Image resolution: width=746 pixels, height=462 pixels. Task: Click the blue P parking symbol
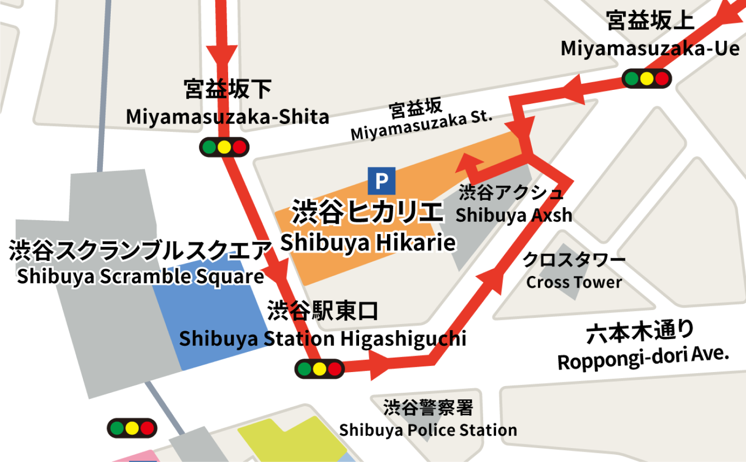(x=382, y=181)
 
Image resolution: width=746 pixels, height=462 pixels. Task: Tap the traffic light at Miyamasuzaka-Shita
(x=224, y=147)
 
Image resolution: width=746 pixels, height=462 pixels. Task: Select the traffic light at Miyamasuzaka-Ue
(x=647, y=79)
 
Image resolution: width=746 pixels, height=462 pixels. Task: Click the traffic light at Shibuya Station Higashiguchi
(x=319, y=369)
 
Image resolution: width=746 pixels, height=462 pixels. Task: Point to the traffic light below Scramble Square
(x=132, y=428)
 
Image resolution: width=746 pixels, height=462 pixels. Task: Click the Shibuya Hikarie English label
(x=368, y=243)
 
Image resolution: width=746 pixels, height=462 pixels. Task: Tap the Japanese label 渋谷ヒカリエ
(x=368, y=212)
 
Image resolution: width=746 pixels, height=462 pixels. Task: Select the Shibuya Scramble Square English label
(x=140, y=276)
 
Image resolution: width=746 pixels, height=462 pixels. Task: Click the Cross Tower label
(x=574, y=282)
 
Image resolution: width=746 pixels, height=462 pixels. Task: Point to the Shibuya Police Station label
(x=428, y=430)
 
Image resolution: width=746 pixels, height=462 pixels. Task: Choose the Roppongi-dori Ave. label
(x=643, y=358)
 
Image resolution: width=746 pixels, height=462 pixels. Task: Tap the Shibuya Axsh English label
(x=514, y=215)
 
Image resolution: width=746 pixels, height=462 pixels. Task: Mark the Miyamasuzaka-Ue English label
(x=650, y=49)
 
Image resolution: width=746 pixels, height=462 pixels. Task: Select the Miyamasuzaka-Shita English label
(x=227, y=117)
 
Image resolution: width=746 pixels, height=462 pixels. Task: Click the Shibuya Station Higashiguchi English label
(x=322, y=339)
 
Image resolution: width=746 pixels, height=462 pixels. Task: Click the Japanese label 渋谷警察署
(x=428, y=407)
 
